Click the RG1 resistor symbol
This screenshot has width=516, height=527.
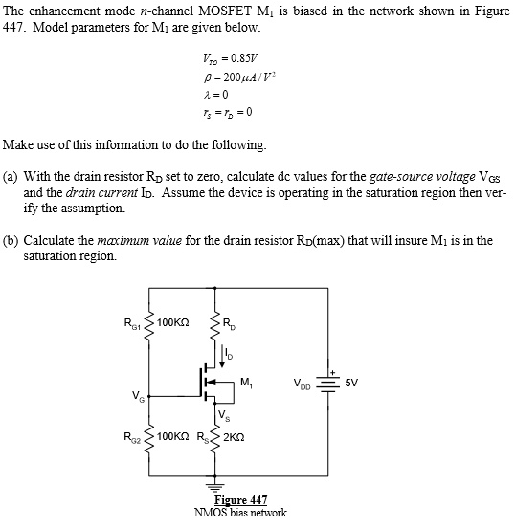[148, 324]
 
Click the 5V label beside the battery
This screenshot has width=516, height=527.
[351, 383]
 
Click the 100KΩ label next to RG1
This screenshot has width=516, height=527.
[173, 323]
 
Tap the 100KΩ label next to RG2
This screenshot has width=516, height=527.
[173, 440]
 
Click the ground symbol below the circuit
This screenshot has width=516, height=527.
[211, 480]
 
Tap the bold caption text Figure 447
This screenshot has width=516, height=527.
[240, 500]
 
